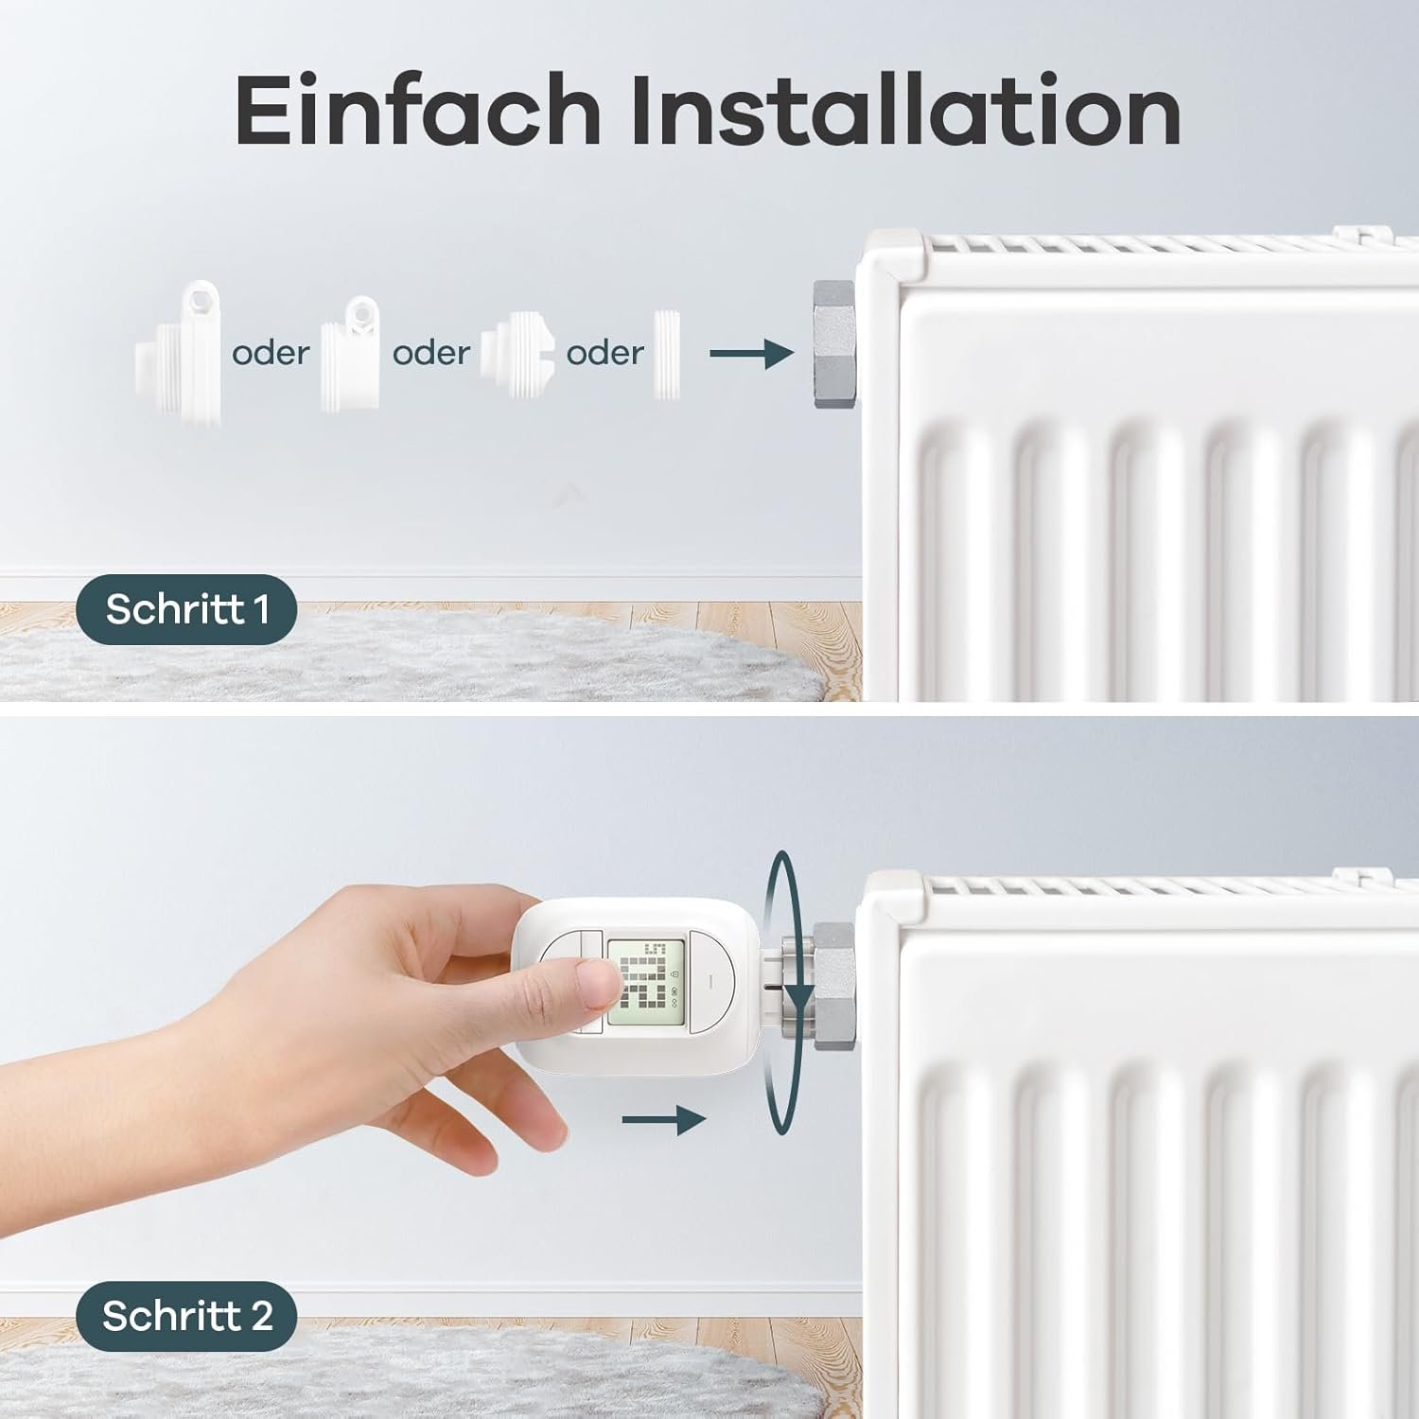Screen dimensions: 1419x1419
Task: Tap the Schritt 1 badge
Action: (186, 609)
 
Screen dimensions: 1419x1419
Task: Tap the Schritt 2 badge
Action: (186, 1316)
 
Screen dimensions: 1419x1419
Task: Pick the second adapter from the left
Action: (351, 355)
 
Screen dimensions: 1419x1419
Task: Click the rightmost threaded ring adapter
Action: (667, 354)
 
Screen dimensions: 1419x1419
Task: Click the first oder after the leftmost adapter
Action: (271, 353)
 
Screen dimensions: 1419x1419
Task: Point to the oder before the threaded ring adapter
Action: (604, 353)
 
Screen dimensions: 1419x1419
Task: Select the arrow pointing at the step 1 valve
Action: (751, 354)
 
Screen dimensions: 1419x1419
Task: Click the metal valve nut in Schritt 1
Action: (834, 343)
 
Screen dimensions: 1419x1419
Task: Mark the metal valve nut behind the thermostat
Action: (832, 984)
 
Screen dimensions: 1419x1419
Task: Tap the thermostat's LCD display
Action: (645, 985)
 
